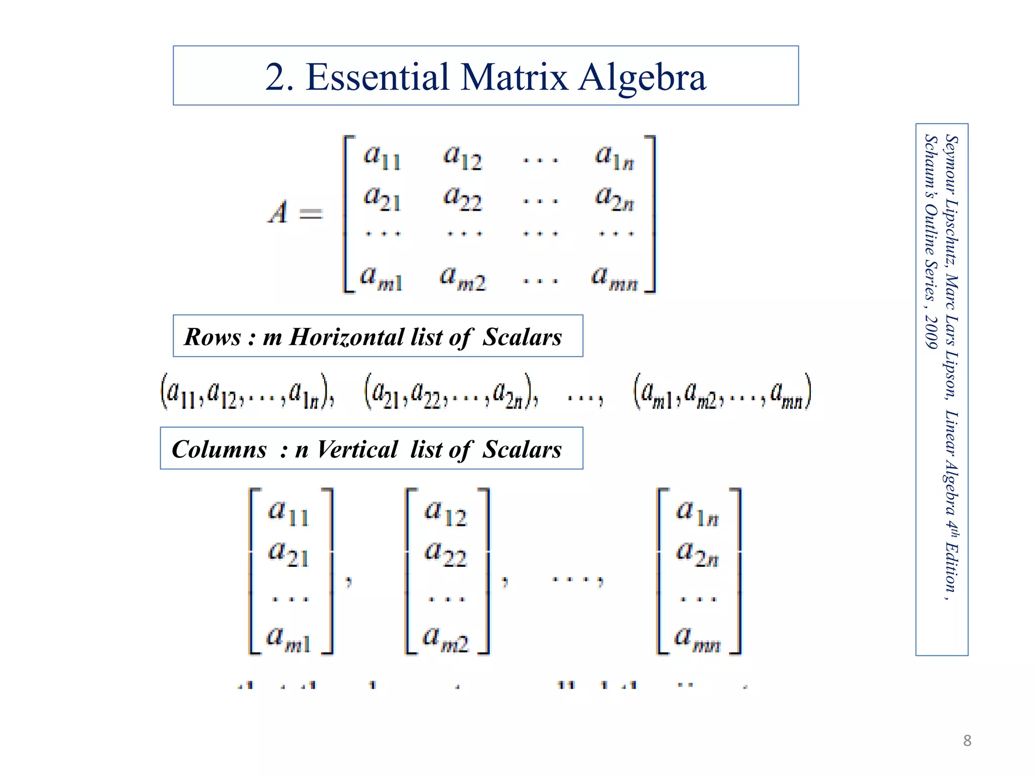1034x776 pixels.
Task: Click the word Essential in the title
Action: pos(377,77)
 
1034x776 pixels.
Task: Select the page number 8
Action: pos(967,741)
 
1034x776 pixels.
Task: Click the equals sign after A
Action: pos(311,214)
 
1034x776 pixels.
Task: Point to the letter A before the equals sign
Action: pos(278,212)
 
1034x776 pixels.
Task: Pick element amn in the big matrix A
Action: pos(614,278)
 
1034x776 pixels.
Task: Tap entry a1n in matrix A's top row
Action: pos(614,157)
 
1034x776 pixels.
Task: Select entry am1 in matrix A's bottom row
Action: pos(382,278)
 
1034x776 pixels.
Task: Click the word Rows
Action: pos(213,337)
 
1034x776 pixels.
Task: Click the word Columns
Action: pos(219,449)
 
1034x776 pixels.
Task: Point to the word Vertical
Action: pos(357,449)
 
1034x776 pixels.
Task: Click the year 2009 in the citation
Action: pos(930,332)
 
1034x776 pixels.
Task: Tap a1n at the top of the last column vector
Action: pos(697,512)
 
